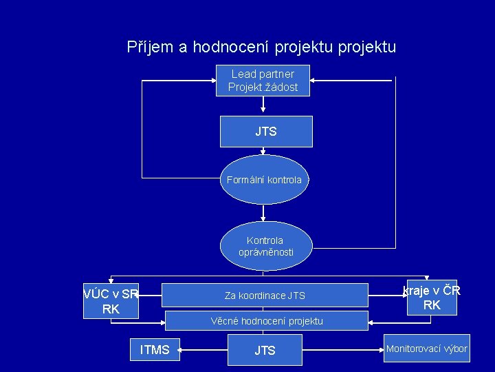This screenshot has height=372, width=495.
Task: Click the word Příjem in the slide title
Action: point(147,48)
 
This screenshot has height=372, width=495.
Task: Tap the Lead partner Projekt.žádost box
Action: point(263,81)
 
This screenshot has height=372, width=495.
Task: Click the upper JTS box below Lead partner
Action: point(266,132)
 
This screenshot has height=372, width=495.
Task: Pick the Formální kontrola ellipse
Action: point(264,180)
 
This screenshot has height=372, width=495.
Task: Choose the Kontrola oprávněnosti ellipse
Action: point(265,246)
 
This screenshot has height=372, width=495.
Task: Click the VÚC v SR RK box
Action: point(111,301)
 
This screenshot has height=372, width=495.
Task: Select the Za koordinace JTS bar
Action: point(265,296)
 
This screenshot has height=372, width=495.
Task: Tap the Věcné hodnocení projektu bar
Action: point(266,321)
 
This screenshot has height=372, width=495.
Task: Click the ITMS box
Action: point(155,350)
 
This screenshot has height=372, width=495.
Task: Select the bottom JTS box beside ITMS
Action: point(265,351)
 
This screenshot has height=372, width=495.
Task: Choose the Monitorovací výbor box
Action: point(426,349)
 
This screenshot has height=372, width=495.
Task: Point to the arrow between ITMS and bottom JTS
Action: point(203,350)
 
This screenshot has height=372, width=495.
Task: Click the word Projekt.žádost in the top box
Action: point(263,87)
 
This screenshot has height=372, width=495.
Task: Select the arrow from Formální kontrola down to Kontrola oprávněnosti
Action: point(264,214)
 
